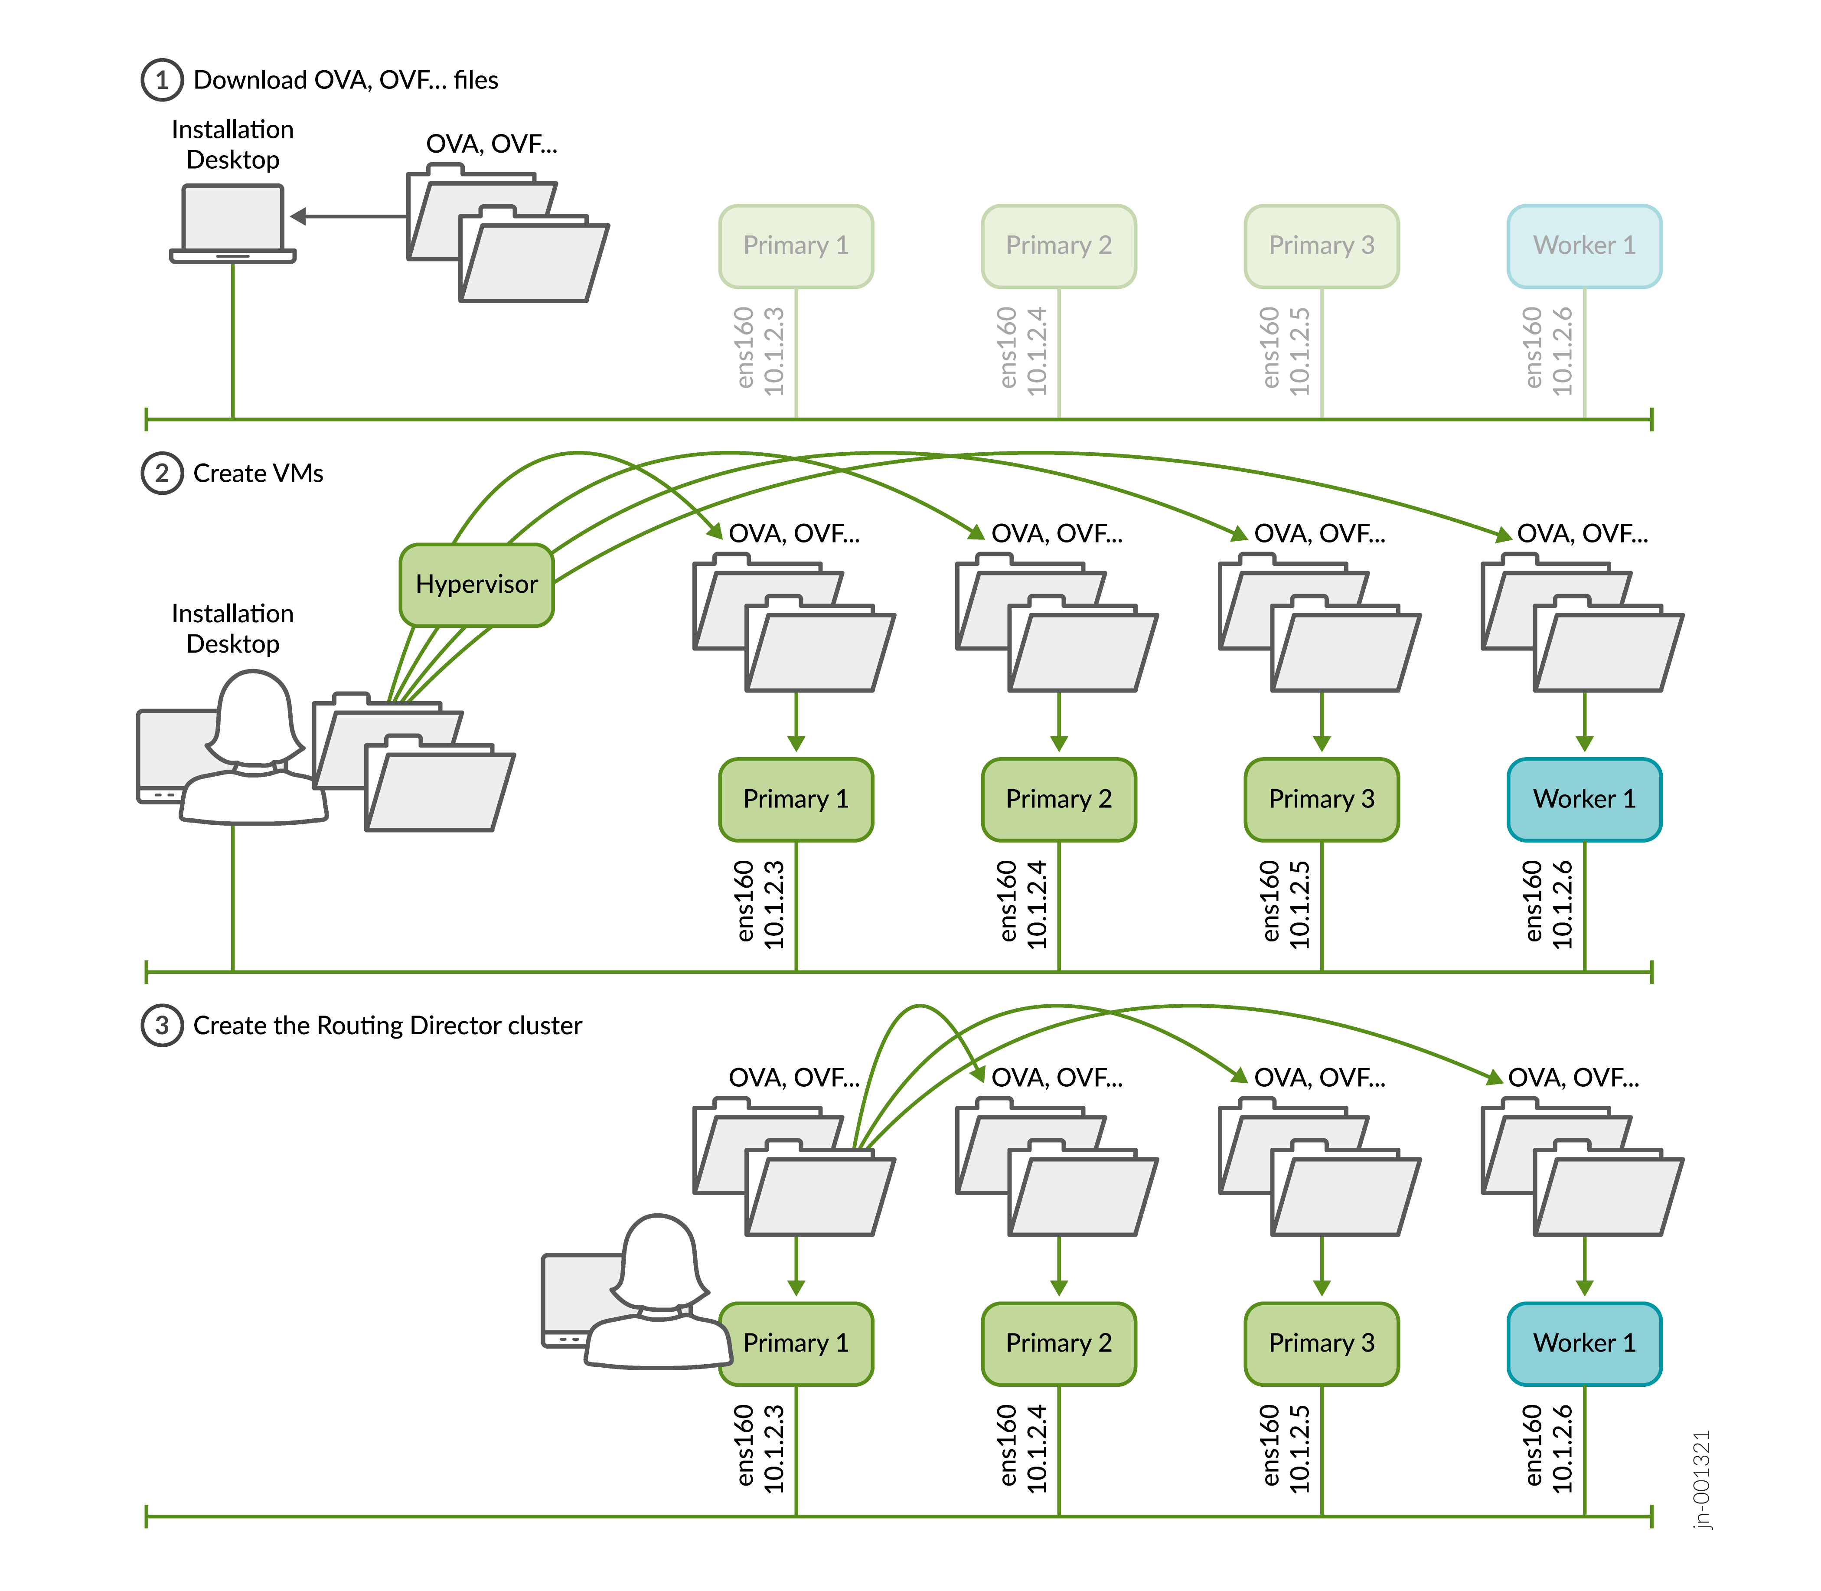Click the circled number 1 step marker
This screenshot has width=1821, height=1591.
coord(162,80)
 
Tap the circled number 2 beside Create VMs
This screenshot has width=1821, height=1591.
coord(162,473)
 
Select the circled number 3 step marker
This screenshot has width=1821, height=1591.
coord(162,1026)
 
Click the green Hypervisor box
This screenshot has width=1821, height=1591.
coord(477,584)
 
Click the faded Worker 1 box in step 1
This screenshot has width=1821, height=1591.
coord(1584,246)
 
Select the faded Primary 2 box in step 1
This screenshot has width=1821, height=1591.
coord(1058,246)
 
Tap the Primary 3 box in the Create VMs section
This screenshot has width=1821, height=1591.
coord(1321,799)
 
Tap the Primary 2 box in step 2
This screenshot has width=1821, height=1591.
coord(1058,799)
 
